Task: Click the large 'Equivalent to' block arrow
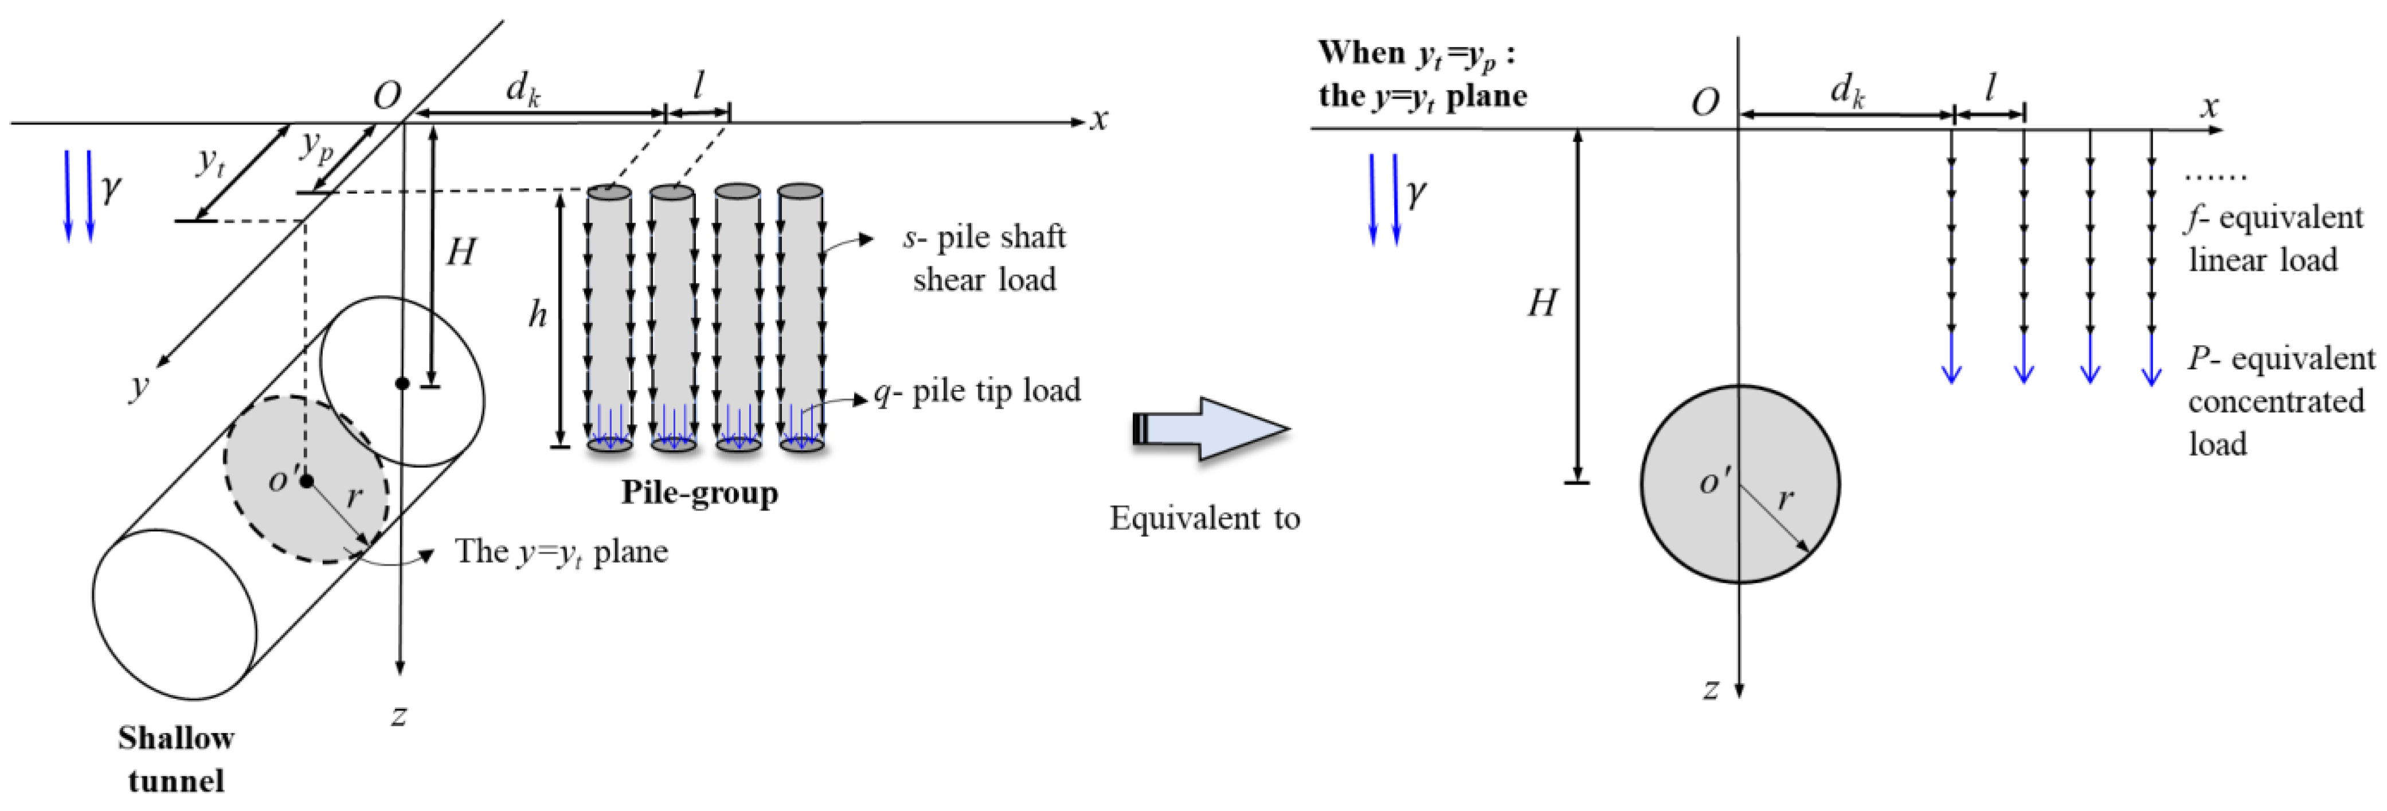(1208, 429)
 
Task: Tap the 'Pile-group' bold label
(699, 492)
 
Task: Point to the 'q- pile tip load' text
(977, 391)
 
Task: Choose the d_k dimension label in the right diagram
(1847, 90)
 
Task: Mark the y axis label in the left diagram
(139, 385)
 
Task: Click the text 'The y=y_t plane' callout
(561, 552)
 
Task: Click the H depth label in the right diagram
(1542, 303)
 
